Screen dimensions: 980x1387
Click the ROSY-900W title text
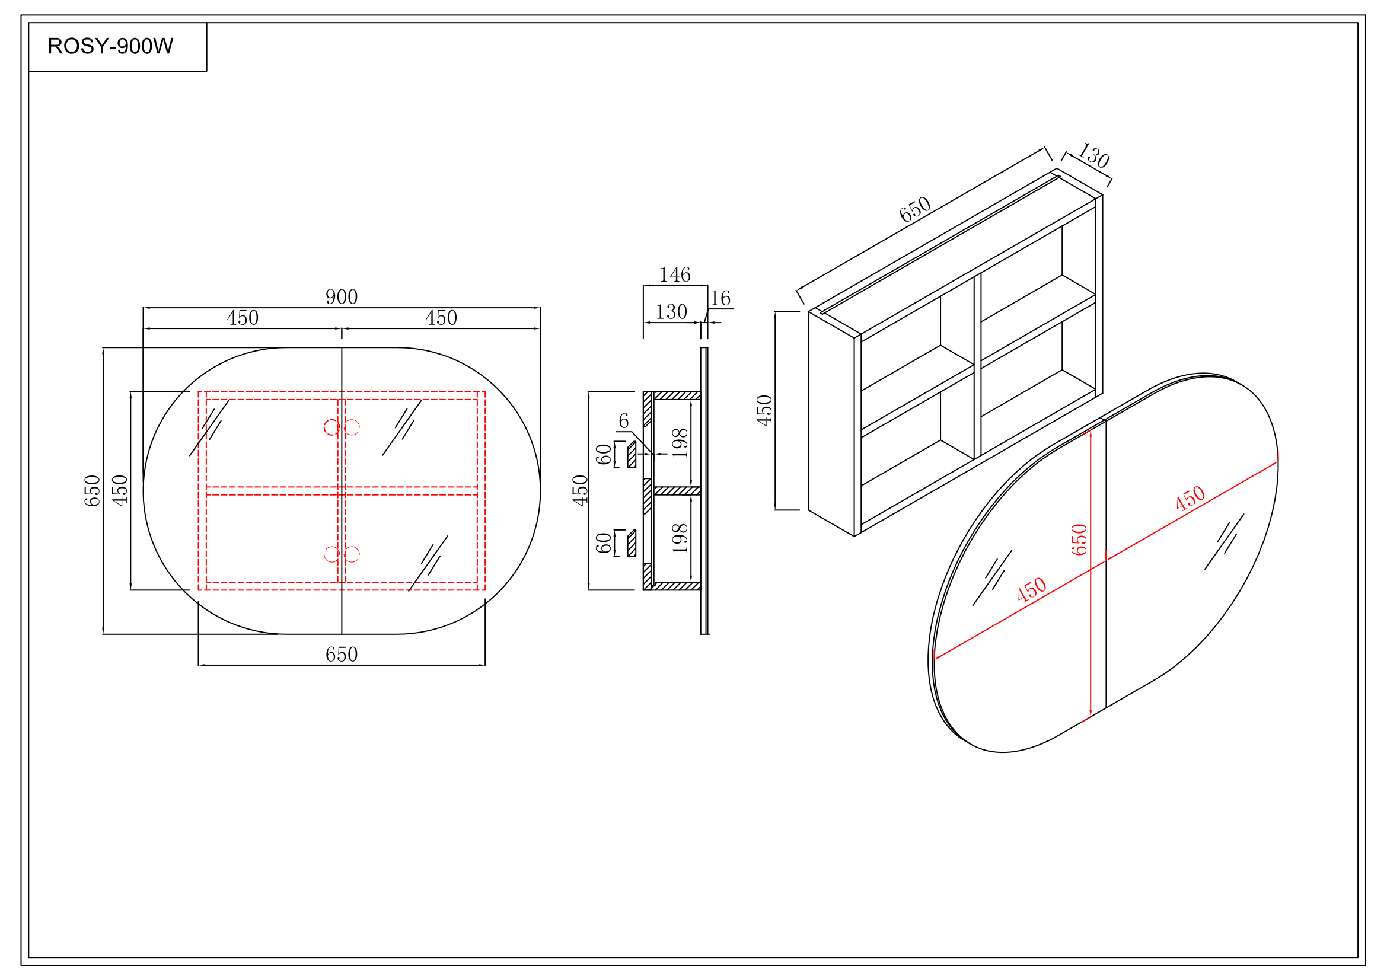click(110, 46)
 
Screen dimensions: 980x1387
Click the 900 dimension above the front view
click(342, 297)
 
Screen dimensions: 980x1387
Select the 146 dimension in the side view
click(674, 275)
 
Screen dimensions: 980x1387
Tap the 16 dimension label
click(719, 299)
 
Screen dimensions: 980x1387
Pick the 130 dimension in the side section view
click(671, 312)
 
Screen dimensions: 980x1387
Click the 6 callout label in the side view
click(623, 421)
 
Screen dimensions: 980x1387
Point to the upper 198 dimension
click(680, 443)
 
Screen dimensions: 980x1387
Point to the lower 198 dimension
click(680, 538)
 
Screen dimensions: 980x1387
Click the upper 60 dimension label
click(604, 454)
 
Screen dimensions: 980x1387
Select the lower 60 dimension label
click(604, 543)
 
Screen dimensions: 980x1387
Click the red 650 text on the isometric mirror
click(1078, 540)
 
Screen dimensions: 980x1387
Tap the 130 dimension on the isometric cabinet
click(1093, 156)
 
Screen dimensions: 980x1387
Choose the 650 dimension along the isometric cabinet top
click(914, 209)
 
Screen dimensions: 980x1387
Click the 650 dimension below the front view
click(342, 655)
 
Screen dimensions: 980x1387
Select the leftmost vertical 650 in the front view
click(92, 490)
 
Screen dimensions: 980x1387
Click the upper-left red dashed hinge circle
click(331, 427)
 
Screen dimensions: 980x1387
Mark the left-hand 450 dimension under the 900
click(243, 318)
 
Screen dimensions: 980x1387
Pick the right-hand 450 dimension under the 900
click(441, 318)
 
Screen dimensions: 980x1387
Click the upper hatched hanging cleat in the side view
click(632, 455)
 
